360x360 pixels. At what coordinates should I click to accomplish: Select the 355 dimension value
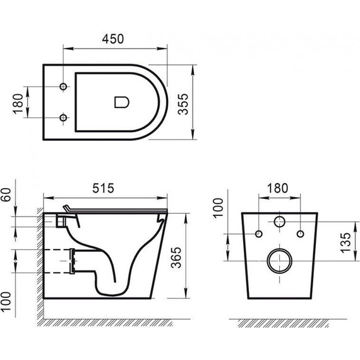point(184,101)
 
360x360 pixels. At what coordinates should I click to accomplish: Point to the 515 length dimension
point(103,188)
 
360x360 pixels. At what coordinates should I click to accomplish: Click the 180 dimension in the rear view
point(277,188)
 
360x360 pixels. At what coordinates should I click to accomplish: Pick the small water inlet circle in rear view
point(278,222)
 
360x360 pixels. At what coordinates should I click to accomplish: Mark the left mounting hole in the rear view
point(258,235)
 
